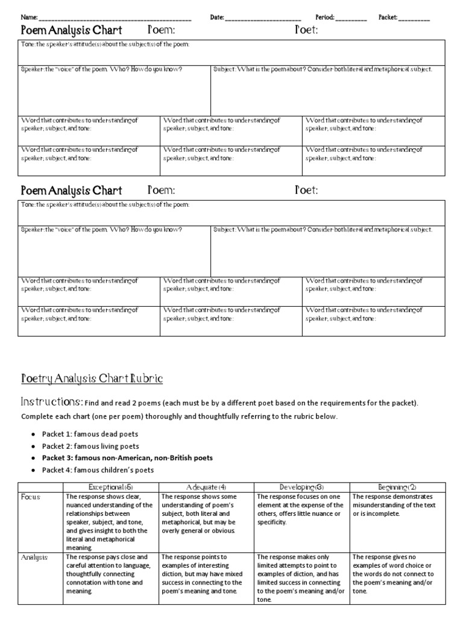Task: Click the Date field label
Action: point(216,17)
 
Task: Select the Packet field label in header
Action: point(388,17)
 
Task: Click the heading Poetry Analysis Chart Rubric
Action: point(92,378)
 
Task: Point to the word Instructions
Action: point(51,401)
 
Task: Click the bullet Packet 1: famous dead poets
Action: point(89,434)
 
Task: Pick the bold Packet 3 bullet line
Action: point(127,458)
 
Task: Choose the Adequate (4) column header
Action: point(206,486)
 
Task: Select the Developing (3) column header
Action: point(302,486)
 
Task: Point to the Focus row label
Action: point(30,497)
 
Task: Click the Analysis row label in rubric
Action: point(34,557)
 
